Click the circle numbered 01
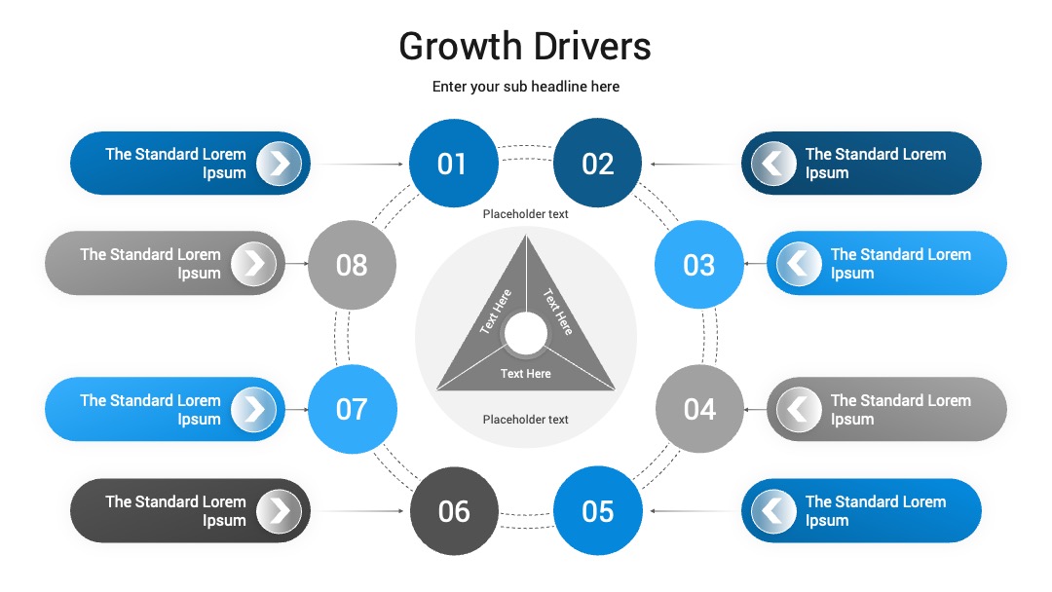pos(454,163)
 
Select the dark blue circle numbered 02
pos(597,163)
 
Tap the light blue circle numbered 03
pos(699,264)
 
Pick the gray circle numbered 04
pos(699,409)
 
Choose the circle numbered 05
pos(597,511)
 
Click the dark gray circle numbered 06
pos(454,511)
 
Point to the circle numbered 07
pos(353,409)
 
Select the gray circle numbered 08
pos(353,264)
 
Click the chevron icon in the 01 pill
pos(280,163)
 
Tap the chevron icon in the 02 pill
pos(772,163)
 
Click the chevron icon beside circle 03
pos(799,264)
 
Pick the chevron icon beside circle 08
pos(253,264)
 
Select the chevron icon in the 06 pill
pos(280,511)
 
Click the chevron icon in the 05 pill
pos(772,511)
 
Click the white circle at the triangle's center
pos(526,333)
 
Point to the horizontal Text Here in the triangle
pos(525,374)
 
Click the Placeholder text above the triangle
pos(525,214)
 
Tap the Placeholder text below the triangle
pos(525,419)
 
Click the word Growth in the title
pos(460,47)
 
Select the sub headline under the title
pos(525,87)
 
